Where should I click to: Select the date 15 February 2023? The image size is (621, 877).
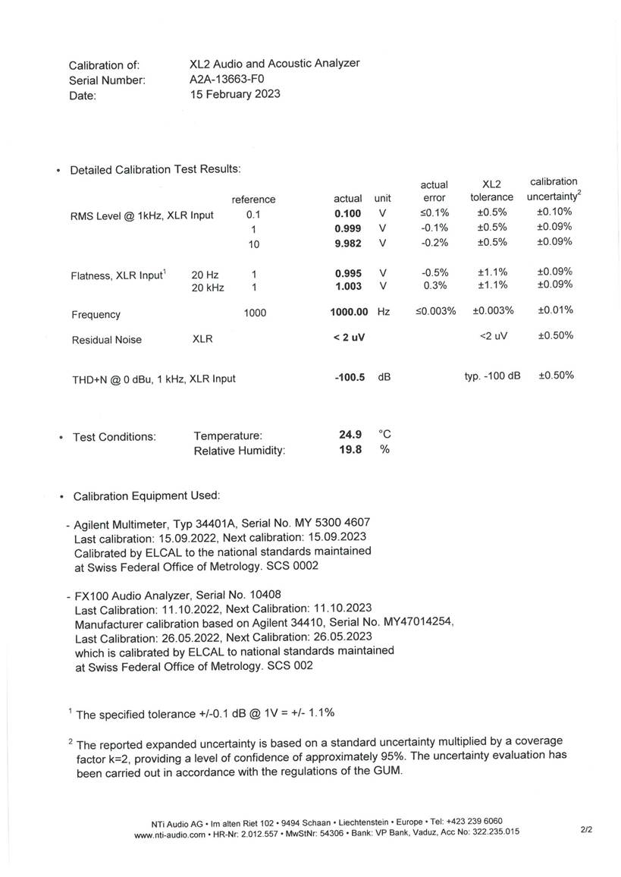[234, 94]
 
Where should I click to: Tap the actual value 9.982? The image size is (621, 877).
[348, 244]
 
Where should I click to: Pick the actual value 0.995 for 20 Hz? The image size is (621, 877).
[348, 273]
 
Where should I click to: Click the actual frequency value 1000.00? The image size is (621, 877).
[349, 312]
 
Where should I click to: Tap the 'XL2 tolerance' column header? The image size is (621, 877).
[491, 190]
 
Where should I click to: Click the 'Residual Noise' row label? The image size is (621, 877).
[106, 341]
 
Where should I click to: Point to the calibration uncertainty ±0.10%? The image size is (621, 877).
[554, 212]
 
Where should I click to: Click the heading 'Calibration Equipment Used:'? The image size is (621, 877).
[146, 496]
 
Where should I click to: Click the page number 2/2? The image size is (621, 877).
[586, 830]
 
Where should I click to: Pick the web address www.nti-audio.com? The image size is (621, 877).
[170, 835]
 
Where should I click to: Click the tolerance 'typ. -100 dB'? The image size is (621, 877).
[492, 376]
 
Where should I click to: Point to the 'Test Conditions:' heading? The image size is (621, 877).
[114, 437]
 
